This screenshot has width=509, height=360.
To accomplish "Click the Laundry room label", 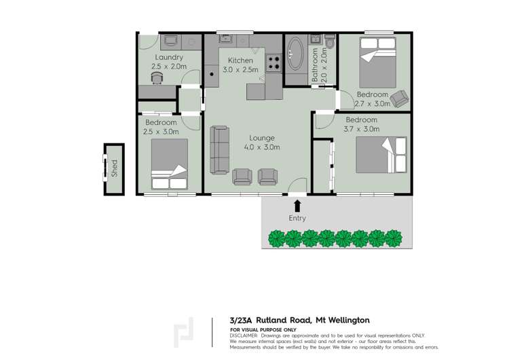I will click(168, 58).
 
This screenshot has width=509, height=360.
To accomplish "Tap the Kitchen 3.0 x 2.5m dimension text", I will click(240, 70).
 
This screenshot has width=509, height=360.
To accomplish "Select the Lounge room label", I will click(261, 138).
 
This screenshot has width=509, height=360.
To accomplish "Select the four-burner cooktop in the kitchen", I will click(274, 63).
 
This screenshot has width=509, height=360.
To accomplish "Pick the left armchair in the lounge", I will click(242, 177).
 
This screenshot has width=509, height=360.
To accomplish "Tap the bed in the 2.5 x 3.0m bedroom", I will click(169, 164).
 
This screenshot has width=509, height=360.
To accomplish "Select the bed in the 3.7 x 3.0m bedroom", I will click(382, 156).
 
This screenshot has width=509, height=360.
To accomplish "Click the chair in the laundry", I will click(157, 77).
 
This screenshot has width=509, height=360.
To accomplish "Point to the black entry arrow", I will click(297, 206).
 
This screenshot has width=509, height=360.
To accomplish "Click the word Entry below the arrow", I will click(297, 219).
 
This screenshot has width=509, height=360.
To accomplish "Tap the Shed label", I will click(114, 168).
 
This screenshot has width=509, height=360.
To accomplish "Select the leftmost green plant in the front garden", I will click(276, 238).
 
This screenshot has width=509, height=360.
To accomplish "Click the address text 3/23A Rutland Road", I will click(271, 321).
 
